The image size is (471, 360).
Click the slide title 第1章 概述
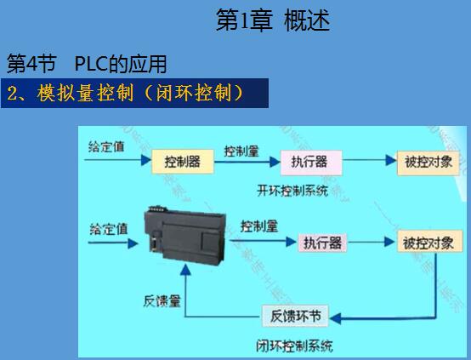(x=273, y=20)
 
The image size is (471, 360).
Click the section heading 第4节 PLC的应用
(x=87, y=64)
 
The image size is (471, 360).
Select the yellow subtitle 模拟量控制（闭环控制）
(x=140, y=93)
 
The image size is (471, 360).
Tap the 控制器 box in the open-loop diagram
(x=183, y=162)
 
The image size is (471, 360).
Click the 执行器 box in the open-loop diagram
(x=311, y=163)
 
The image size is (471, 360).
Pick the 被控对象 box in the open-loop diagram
(x=428, y=163)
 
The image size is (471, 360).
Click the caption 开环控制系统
(x=292, y=191)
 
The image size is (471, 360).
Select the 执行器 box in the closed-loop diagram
(x=322, y=243)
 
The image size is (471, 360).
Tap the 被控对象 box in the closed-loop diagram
(x=429, y=242)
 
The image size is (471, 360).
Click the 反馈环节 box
(x=295, y=316)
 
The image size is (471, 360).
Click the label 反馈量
(x=162, y=301)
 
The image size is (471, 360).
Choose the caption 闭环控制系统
(x=294, y=346)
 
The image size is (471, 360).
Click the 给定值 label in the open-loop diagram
(x=106, y=146)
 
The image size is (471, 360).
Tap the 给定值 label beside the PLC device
(x=109, y=229)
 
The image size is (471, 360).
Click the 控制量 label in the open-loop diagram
(x=241, y=151)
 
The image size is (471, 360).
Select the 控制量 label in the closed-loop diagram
(x=259, y=226)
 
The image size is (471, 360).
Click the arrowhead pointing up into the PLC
(x=185, y=270)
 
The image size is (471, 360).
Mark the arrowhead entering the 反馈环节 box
(x=335, y=318)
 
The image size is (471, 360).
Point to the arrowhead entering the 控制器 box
(x=146, y=160)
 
